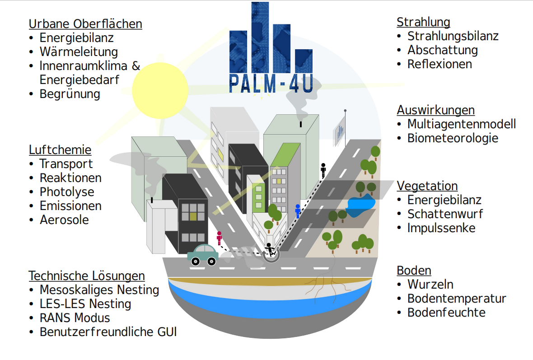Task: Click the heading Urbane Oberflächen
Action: click(x=85, y=24)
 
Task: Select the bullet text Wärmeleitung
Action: click(x=79, y=52)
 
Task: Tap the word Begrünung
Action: click(x=70, y=94)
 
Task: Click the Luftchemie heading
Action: click(x=60, y=150)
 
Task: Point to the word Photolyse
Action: click(x=67, y=192)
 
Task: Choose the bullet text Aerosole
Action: click(x=64, y=220)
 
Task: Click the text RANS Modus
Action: click(x=75, y=318)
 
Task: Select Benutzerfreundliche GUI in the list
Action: click(x=108, y=332)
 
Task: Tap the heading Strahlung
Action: click(x=423, y=22)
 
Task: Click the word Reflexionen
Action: click(x=439, y=64)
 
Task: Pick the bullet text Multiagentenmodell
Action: click(x=461, y=124)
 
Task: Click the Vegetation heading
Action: click(x=427, y=186)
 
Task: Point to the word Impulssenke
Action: click(x=441, y=228)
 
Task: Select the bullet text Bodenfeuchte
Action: click(x=446, y=313)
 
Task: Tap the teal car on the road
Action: click(x=203, y=255)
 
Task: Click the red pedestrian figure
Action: click(x=220, y=238)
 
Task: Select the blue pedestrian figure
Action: click(x=298, y=210)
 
